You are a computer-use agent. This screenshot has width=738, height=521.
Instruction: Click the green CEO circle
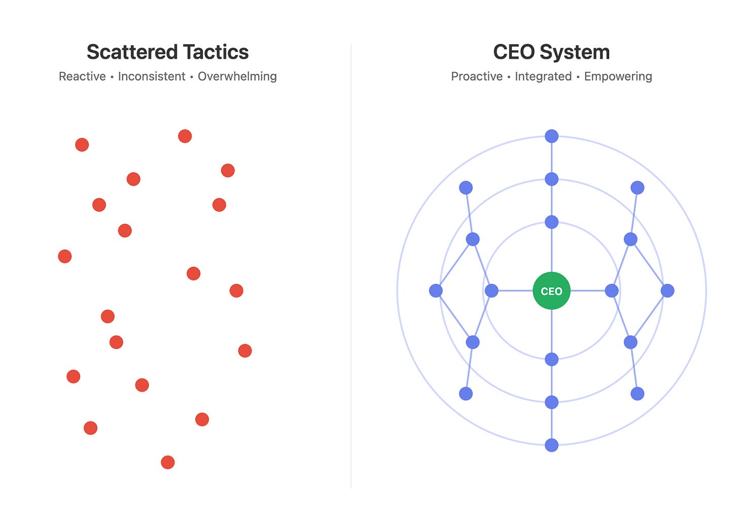551,291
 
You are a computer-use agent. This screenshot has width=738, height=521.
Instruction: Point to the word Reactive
82,77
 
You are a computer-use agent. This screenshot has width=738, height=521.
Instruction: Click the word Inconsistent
152,77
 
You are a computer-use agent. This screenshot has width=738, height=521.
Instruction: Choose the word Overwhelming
237,77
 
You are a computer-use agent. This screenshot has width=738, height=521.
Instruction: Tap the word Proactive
476,77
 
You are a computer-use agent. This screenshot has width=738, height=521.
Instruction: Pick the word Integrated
543,77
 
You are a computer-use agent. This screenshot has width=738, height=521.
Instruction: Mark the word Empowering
618,77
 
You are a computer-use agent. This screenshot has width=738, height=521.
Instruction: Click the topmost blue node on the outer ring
551,136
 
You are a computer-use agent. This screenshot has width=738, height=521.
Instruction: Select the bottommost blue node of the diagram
551,445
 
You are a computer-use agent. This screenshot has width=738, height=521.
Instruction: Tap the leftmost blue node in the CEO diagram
436,290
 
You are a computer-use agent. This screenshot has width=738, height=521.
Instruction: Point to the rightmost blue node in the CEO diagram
668,290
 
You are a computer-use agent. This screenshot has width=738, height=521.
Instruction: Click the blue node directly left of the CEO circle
492,290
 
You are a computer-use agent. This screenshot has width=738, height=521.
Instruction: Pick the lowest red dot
168,462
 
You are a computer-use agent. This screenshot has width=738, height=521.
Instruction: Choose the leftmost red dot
65,256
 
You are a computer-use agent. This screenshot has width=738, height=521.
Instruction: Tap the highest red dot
185,136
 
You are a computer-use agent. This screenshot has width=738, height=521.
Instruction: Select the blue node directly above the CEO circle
551,222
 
